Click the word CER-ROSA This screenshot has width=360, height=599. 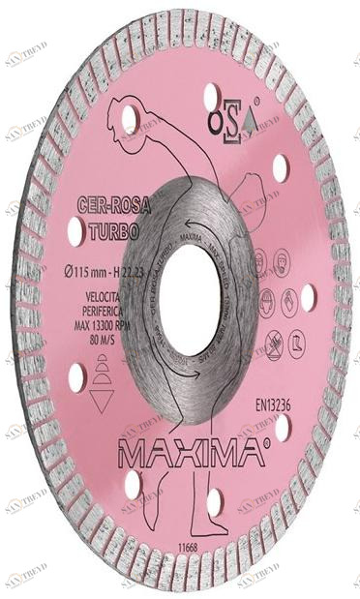point(108,207)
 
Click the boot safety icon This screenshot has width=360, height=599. point(296,339)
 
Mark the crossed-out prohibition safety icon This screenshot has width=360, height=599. point(273,340)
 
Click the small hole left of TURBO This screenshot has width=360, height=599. point(75,230)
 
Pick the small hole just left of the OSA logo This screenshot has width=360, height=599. point(211,97)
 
